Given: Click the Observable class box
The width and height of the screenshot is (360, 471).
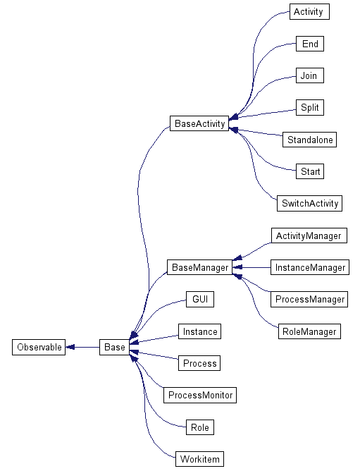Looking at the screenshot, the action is (x=39, y=347).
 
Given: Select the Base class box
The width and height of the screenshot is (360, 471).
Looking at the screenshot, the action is (x=114, y=347).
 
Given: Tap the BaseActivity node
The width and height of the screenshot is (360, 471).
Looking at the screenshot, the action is (x=199, y=123).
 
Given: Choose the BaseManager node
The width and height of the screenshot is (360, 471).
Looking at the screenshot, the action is (x=199, y=267).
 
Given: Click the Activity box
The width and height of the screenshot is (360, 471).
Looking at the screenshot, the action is (x=309, y=12).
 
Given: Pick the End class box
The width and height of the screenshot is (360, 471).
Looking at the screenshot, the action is (x=310, y=44).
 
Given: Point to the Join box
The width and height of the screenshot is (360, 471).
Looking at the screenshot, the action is (x=310, y=75).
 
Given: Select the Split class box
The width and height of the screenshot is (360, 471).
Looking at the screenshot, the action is (x=310, y=108).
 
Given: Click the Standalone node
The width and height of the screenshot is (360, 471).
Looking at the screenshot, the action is (x=309, y=140).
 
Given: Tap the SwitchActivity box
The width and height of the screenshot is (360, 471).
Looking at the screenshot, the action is (x=309, y=203).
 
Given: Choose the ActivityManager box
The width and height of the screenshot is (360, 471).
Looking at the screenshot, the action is (x=309, y=235).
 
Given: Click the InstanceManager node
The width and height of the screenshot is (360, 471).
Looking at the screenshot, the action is (x=310, y=267).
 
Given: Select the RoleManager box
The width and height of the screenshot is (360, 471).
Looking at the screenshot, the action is (x=309, y=331).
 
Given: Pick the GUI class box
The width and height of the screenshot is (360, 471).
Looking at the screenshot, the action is (x=200, y=299).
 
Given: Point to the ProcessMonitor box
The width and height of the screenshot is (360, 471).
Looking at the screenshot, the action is (x=200, y=395).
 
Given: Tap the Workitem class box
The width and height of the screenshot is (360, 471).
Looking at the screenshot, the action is (x=199, y=459).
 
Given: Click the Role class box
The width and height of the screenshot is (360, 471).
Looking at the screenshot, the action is (x=200, y=427).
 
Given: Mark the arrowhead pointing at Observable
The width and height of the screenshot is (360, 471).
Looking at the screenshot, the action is (x=70, y=347).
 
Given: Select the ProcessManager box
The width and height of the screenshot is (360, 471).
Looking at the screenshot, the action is (x=309, y=299).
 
